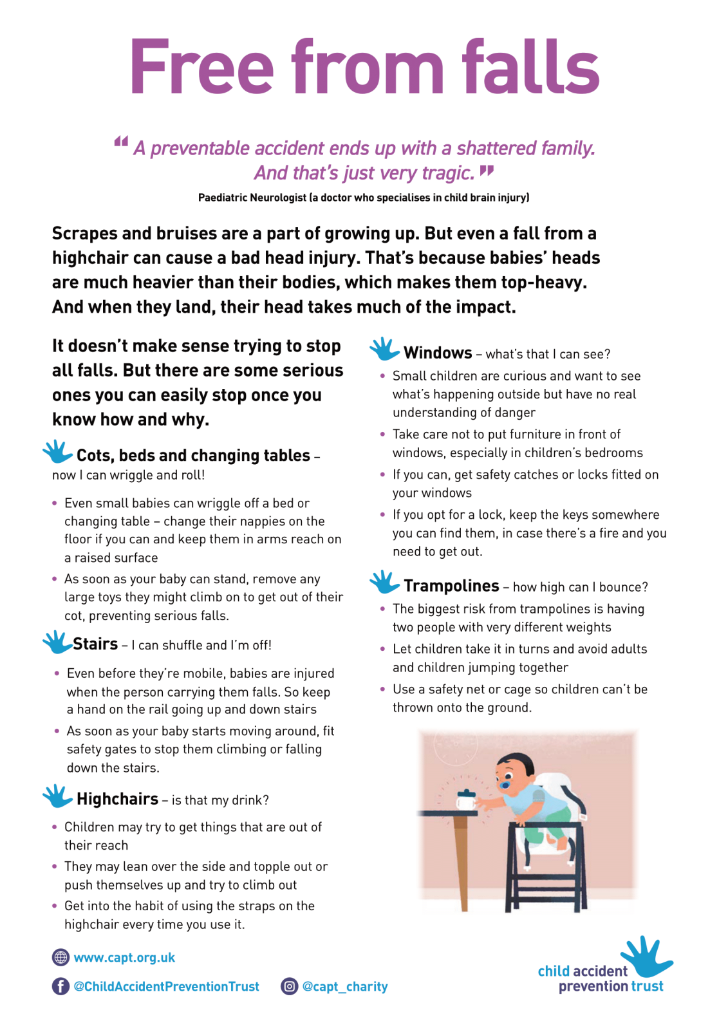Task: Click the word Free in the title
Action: coord(201,68)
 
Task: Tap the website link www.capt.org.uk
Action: coord(124,957)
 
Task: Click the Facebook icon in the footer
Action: coord(61,986)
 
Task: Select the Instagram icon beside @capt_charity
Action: coord(290,986)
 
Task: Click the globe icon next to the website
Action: coord(61,957)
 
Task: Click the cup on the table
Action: coord(466,800)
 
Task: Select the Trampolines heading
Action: coord(451,586)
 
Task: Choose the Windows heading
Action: coord(438,353)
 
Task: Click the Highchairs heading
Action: coord(117,799)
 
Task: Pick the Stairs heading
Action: coord(95,644)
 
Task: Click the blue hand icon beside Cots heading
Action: coord(57,451)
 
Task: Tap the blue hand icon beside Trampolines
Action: coord(384,581)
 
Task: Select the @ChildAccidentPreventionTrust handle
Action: coord(166,986)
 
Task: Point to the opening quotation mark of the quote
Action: coord(121,142)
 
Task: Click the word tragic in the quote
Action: coord(447,173)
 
